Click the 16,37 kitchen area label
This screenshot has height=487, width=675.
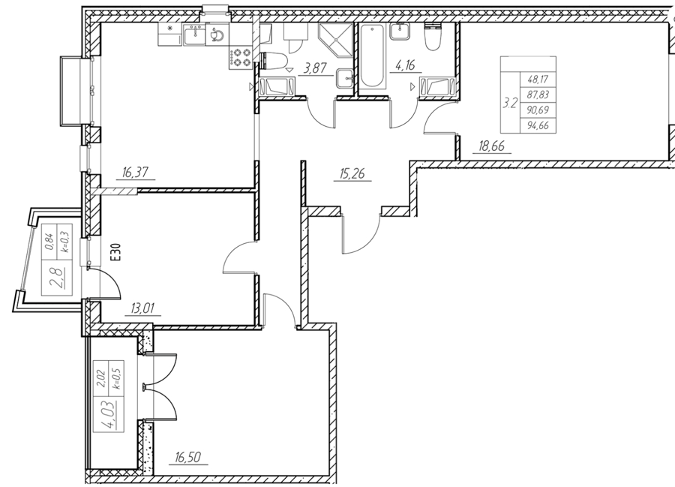coord(135,173)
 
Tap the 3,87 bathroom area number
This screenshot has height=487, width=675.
coord(316,68)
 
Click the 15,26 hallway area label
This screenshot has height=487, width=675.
coord(352,174)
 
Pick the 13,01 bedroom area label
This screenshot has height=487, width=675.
coord(142,308)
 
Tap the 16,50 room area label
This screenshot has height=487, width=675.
coord(188,457)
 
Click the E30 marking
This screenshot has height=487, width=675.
coord(116,252)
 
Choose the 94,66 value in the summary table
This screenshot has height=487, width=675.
coord(538,126)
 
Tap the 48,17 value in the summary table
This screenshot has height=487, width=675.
coord(538,80)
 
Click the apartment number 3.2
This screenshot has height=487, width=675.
coord(510,104)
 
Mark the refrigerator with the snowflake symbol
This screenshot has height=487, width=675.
coord(170,35)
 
